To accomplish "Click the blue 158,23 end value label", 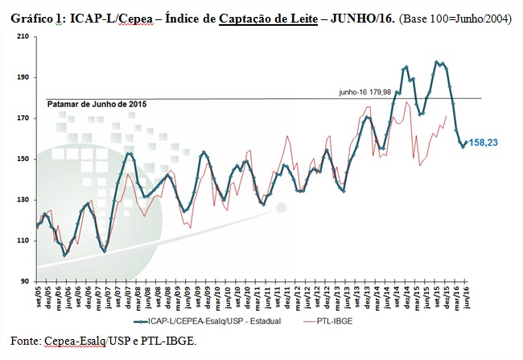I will (483, 143).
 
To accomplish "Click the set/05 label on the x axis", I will (39, 296).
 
